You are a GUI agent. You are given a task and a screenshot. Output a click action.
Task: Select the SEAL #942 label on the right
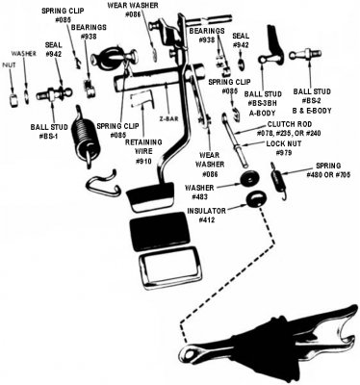point(243,39)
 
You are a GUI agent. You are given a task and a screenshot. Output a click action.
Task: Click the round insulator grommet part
point(255,200)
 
